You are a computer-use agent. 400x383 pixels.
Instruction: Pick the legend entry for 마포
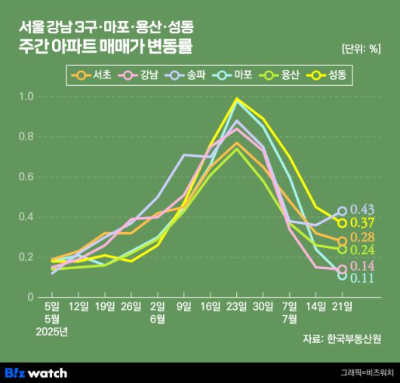(x=235, y=76)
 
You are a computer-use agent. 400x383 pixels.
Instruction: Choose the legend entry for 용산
(x=282, y=76)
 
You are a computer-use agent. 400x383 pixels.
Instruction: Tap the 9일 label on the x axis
(x=183, y=305)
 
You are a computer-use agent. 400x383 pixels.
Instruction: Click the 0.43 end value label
(x=363, y=209)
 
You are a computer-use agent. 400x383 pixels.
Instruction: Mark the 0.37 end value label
(x=363, y=222)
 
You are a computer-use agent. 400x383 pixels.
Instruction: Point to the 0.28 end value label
(x=363, y=239)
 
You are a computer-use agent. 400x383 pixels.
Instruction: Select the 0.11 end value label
(x=363, y=279)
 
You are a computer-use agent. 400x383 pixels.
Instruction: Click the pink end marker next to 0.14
(x=342, y=269)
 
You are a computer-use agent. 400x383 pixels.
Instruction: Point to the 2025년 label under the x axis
(x=51, y=331)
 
